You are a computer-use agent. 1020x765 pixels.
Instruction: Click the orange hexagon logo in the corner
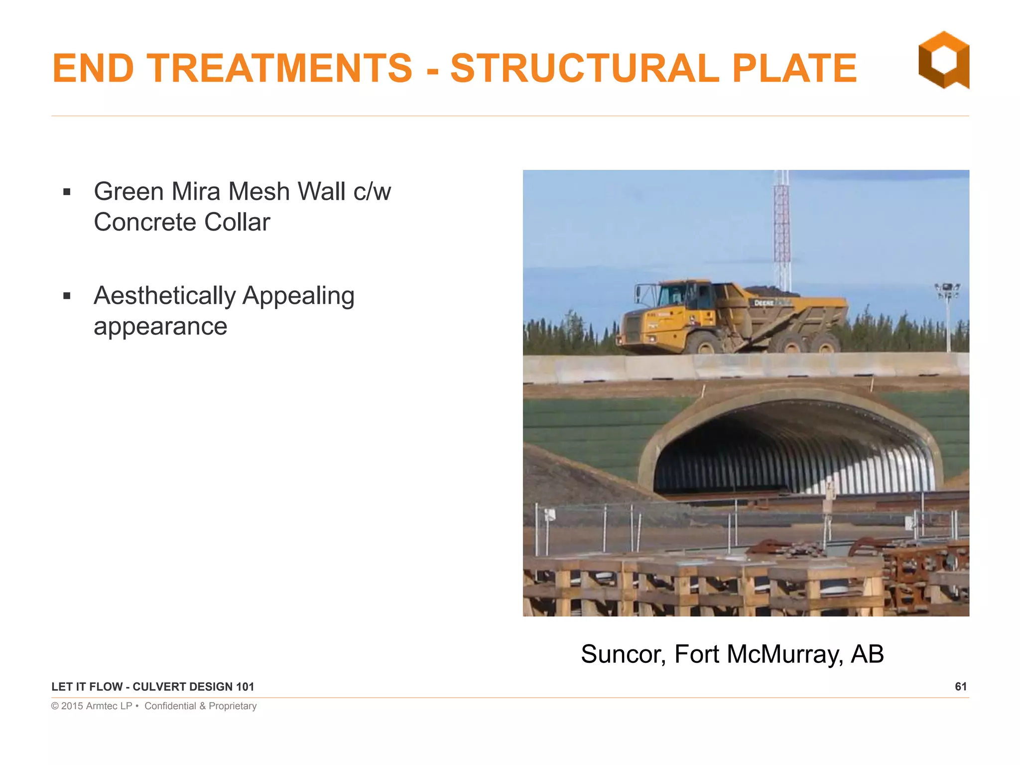943,60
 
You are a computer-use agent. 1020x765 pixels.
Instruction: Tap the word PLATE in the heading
794,68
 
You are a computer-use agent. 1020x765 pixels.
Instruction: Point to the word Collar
237,222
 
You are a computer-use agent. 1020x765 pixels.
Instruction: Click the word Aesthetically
164,296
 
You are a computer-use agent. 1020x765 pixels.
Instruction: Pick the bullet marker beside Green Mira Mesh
67,192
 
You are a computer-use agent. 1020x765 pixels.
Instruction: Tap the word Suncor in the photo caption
623,654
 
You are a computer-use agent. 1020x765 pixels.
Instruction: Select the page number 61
961,687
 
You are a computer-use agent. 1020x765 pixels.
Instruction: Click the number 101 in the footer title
245,687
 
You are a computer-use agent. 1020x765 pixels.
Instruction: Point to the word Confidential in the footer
170,706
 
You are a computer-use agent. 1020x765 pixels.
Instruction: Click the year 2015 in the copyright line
72,706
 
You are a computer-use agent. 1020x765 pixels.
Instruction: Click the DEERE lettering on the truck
764,303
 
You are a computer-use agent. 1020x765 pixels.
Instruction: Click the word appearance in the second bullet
160,327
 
